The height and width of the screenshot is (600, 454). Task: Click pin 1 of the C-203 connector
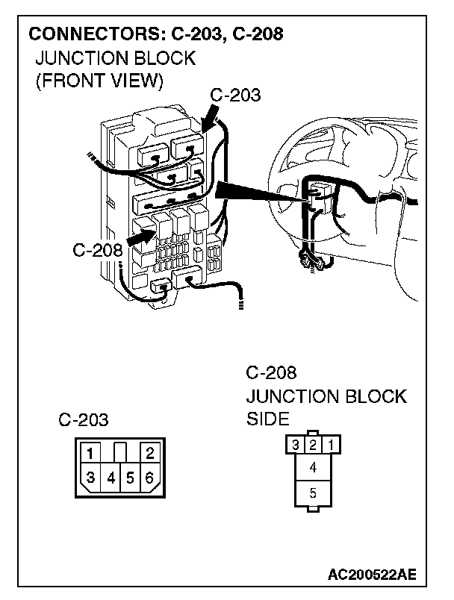coord(89,453)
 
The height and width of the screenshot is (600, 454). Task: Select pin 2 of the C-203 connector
coord(150,453)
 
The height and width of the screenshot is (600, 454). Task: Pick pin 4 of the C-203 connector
coord(110,477)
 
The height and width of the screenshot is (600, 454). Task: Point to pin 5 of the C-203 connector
coord(130,477)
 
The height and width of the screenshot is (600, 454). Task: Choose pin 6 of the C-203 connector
coord(150,477)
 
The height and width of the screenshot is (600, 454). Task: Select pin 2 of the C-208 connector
coord(313,446)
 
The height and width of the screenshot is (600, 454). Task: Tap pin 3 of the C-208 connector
coord(296,446)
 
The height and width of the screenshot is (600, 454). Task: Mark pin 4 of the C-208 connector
coord(313,468)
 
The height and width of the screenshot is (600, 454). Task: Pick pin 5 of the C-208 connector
coord(313,493)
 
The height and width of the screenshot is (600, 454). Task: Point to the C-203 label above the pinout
coord(84,420)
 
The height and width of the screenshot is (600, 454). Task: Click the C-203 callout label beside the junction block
coord(235,95)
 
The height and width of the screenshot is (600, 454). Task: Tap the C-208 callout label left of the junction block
coord(97,249)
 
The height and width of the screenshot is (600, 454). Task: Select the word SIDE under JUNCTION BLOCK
coord(267,419)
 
